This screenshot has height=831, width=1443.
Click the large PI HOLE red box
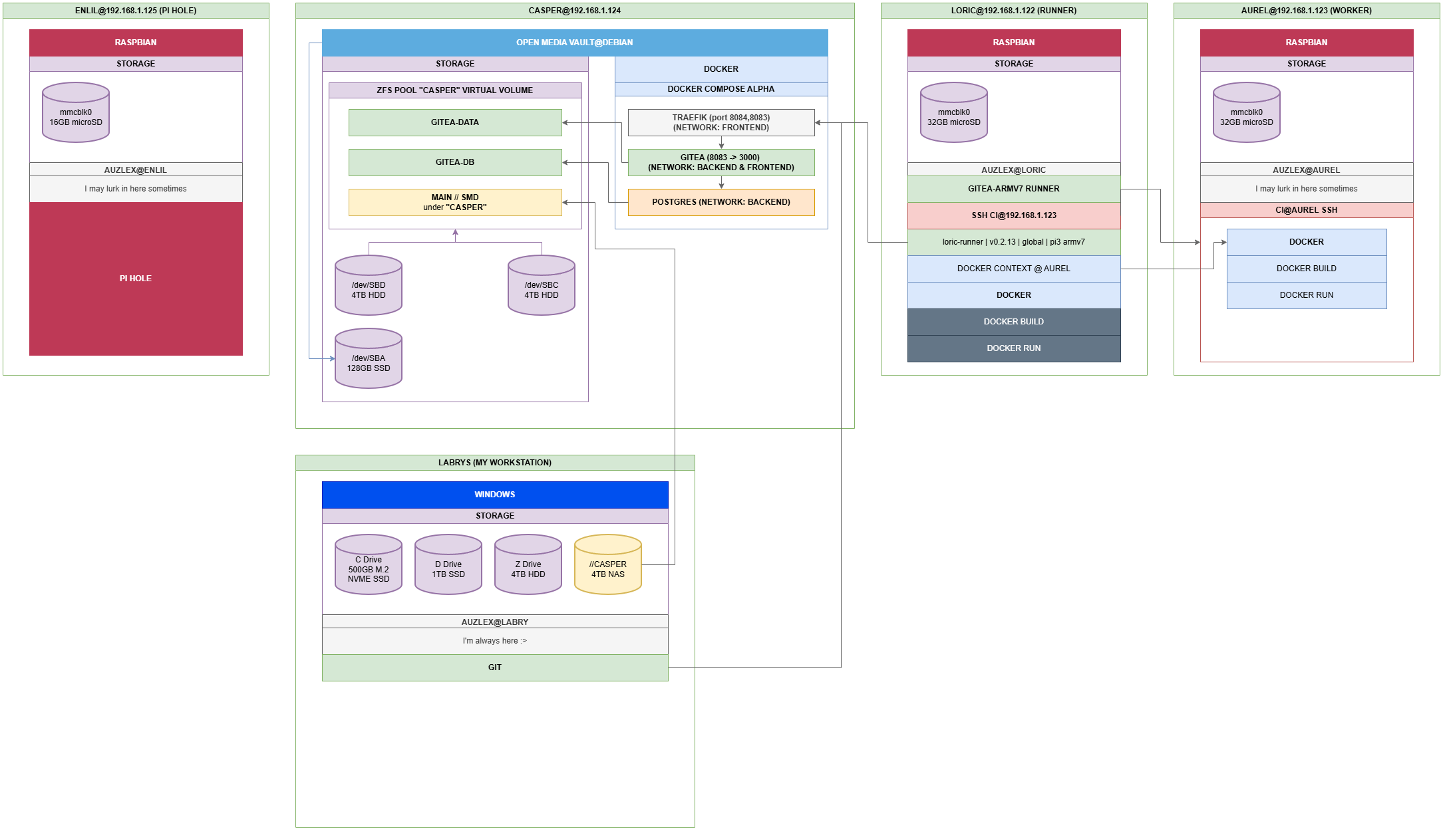point(136,279)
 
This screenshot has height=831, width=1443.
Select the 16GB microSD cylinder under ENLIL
point(76,113)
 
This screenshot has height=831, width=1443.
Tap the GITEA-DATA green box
point(455,122)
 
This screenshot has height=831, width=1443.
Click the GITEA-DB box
point(455,162)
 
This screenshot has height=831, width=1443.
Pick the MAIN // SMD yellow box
point(455,202)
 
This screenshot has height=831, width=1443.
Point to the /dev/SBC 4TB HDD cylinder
point(541,286)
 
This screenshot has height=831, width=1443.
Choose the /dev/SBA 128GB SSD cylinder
point(368,359)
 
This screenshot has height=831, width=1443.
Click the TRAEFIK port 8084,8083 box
point(721,122)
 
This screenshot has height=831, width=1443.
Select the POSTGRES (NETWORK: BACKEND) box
point(721,202)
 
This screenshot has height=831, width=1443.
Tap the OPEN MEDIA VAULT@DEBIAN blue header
point(574,43)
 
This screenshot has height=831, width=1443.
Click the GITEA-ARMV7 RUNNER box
point(1013,189)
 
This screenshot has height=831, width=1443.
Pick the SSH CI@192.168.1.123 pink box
point(1013,215)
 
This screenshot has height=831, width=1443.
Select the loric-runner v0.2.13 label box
point(1013,242)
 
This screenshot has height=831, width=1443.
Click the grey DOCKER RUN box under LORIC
point(1013,348)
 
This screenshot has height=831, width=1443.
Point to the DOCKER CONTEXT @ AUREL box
point(1013,269)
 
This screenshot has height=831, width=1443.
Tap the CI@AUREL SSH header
point(1306,210)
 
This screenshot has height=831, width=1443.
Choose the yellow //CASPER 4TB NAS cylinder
point(607,565)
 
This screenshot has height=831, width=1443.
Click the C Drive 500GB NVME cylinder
point(368,565)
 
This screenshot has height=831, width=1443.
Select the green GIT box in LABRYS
point(494,667)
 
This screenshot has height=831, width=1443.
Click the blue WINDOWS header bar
point(494,495)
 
